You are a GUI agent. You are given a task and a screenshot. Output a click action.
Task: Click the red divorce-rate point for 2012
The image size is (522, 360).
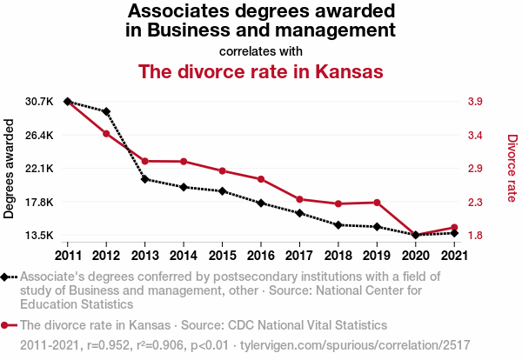[x=106, y=133]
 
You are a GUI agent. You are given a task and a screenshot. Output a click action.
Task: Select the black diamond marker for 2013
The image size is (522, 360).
[x=145, y=179]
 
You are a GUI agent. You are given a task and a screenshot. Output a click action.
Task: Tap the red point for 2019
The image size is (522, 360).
[x=377, y=203]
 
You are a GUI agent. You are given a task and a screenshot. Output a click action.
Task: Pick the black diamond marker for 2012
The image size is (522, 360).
[x=106, y=112]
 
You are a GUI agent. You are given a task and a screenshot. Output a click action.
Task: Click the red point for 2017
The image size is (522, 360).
[x=299, y=200]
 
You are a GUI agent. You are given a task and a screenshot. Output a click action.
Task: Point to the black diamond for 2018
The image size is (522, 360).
[x=338, y=225]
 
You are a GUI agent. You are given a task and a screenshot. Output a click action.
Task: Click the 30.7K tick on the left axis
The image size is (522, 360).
[x=40, y=102]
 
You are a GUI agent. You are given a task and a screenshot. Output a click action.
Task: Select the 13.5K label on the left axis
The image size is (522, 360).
[x=40, y=236]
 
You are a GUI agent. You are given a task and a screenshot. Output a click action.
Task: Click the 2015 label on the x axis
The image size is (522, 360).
[x=222, y=256]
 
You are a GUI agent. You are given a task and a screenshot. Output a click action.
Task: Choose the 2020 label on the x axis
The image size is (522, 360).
[x=415, y=256]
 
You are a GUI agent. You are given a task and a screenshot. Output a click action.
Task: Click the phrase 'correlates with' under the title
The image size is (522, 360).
[x=261, y=50]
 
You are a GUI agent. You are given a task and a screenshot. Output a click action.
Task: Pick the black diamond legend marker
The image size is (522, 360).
[x=9, y=277]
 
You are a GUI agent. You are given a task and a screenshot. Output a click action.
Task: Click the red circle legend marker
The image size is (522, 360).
[x=9, y=324]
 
